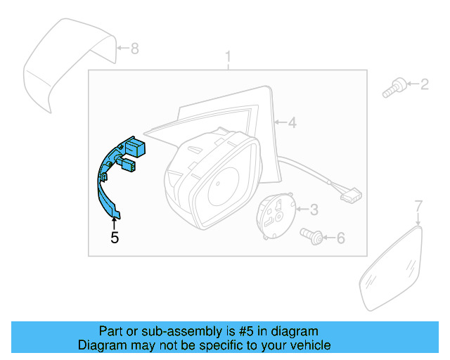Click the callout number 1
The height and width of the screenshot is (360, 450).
click(x=228, y=56)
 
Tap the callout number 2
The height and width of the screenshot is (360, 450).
click(x=424, y=85)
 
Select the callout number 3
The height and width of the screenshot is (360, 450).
click(x=314, y=209)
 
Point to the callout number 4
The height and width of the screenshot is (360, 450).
click(x=292, y=124)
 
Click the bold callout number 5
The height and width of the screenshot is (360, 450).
click(x=115, y=238)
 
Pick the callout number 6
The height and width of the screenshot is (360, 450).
click(x=340, y=239)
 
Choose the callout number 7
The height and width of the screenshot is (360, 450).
click(x=418, y=206)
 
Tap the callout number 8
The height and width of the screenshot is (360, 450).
click(x=135, y=49)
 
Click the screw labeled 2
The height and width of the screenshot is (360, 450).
click(x=393, y=89)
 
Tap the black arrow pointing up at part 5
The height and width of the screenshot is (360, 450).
click(x=115, y=222)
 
